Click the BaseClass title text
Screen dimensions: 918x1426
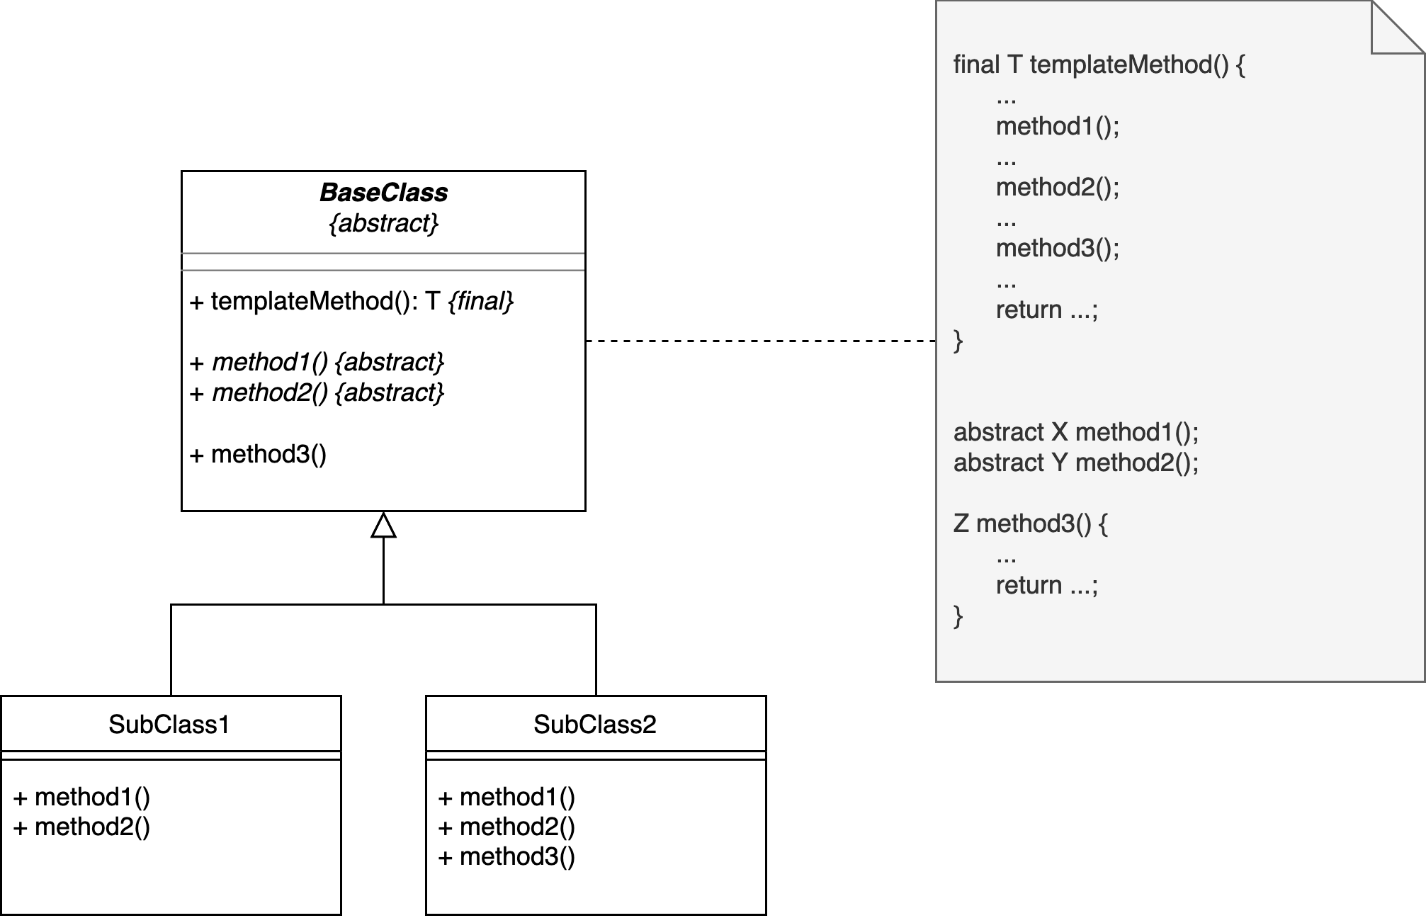pyautogui.click(x=383, y=193)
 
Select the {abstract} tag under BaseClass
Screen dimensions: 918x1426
pyautogui.click(x=383, y=224)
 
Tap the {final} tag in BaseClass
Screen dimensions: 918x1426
pyautogui.click(x=480, y=301)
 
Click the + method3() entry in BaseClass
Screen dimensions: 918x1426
pyautogui.click(x=259, y=454)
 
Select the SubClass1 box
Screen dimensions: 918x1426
pyautogui.click(x=170, y=724)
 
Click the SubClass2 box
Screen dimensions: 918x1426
pyautogui.click(x=595, y=724)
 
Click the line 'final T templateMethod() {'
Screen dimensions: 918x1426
pyautogui.click(x=1099, y=65)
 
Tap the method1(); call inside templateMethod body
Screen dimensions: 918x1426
pyautogui.click(x=1057, y=127)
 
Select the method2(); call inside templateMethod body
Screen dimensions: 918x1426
pyautogui.click(x=1057, y=188)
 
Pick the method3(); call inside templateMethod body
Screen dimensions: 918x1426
pyautogui.click(x=1057, y=249)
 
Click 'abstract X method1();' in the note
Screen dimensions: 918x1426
pyautogui.click(x=1075, y=432)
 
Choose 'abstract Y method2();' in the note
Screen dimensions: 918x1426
pyautogui.click(x=1075, y=463)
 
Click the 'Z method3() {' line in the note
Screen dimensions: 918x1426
pyautogui.click(x=1030, y=524)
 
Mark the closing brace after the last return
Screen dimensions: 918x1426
pyautogui.click(x=958, y=616)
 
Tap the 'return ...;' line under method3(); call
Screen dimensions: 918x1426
pyautogui.click(x=1046, y=310)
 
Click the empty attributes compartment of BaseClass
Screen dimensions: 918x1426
pyautogui.click(x=383, y=261)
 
